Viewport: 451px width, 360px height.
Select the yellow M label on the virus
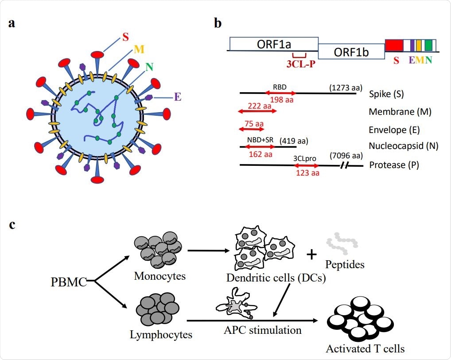point(139,50)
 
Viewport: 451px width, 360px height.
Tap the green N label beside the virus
point(150,67)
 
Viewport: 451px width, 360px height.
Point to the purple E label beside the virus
point(178,97)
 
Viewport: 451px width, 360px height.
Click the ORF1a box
point(273,44)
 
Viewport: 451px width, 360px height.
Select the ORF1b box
point(351,52)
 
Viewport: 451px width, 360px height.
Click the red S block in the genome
point(393,45)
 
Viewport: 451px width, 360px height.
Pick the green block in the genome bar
point(428,45)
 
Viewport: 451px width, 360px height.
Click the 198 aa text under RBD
point(281,100)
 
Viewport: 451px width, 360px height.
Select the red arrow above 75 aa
point(251,129)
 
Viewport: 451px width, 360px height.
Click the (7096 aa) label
point(346,156)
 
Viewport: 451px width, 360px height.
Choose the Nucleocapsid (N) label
point(403,146)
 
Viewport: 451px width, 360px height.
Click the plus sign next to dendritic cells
point(312,254)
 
